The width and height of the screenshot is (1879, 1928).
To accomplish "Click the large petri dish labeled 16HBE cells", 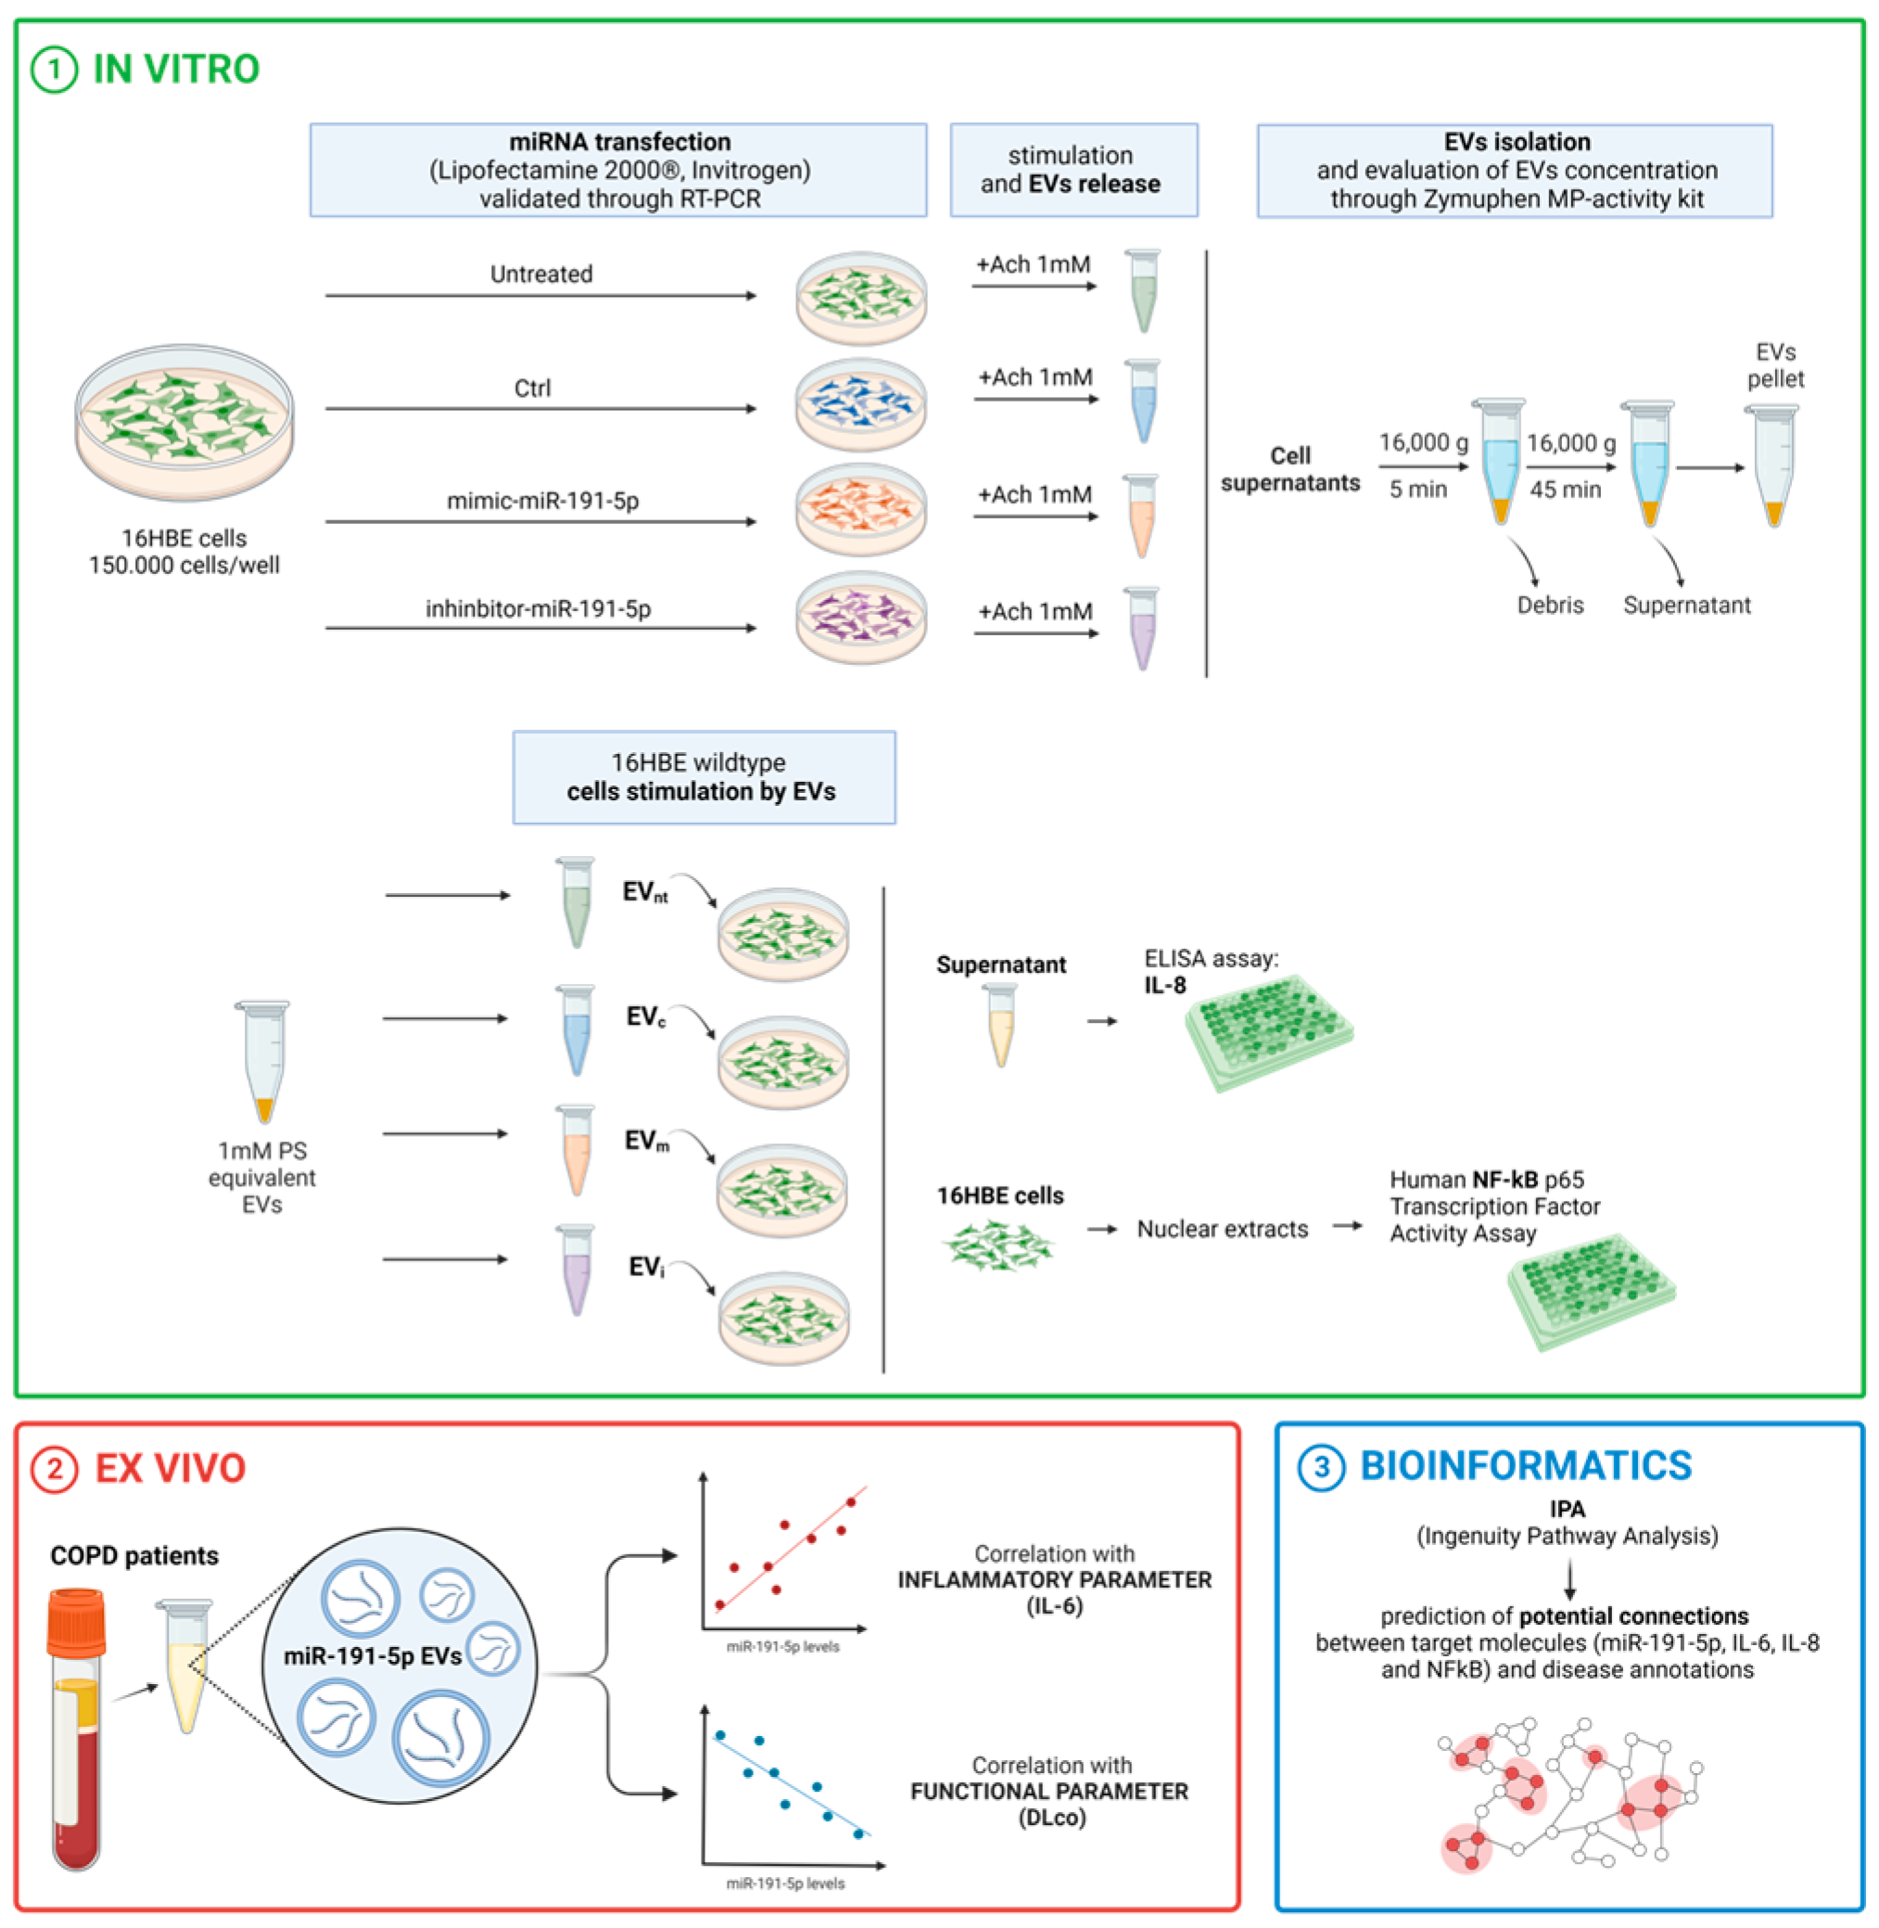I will click(x=184, y=422).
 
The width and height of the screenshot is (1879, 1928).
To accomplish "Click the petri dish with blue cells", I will click(x=860, y=404).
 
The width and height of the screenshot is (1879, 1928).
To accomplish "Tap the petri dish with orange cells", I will click(x=860, y=510).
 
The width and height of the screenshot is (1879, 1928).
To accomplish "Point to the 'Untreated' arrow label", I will click(x=540, y=274).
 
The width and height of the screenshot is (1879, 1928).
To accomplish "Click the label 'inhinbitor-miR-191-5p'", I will click(x=538, y=608).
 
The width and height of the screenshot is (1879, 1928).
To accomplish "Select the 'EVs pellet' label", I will click(x=1774, y=365).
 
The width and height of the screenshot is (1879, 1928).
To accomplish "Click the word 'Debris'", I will click(x=1549, y=606).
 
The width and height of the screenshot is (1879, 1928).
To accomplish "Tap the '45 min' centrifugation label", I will click(x=1565, y=489).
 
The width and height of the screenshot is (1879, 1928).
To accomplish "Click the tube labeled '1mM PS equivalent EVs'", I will click(x=263, y=1061).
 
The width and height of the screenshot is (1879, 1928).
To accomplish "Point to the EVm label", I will click(x=646, y=1142).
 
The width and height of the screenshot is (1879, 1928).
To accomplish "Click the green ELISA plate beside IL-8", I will click(x=1268, y=1031).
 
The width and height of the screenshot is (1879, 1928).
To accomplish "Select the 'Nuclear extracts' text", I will click(x=1222, y=1229).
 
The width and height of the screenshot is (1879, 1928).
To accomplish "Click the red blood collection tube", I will click(x=76, y=1728).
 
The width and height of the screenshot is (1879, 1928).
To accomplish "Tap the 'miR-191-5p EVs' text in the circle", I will click(x=372, y=1655).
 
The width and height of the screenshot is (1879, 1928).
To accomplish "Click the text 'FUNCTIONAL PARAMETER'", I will click(x=1049, y=1791).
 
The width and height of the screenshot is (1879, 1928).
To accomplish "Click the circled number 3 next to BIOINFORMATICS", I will click(x=1320, y=1468).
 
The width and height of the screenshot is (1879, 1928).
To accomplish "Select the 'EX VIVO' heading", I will click(x=170, y=1468).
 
